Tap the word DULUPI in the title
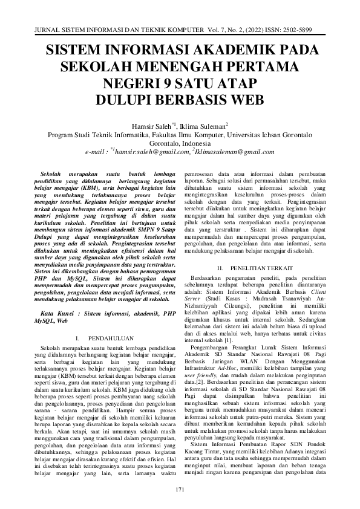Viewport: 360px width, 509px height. (x=128, y=99)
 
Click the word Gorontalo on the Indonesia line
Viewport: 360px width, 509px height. (x=167, y=144)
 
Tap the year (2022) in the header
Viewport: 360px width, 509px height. (x=252, y=29)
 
